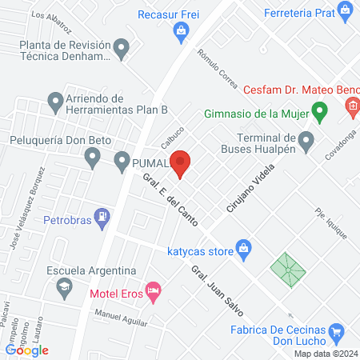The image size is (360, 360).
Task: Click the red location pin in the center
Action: (x=181, y=163)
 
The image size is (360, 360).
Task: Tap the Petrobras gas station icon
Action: (x=102, y=216)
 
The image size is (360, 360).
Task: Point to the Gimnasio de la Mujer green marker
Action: (x=319, y=111)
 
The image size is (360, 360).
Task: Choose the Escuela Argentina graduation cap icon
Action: (x=63, y=286)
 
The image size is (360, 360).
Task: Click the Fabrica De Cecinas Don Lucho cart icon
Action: (x=337, y=331)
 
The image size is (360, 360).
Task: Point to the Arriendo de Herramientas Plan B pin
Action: (x=55, y=102)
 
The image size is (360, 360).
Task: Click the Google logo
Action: (x=27, y=350)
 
